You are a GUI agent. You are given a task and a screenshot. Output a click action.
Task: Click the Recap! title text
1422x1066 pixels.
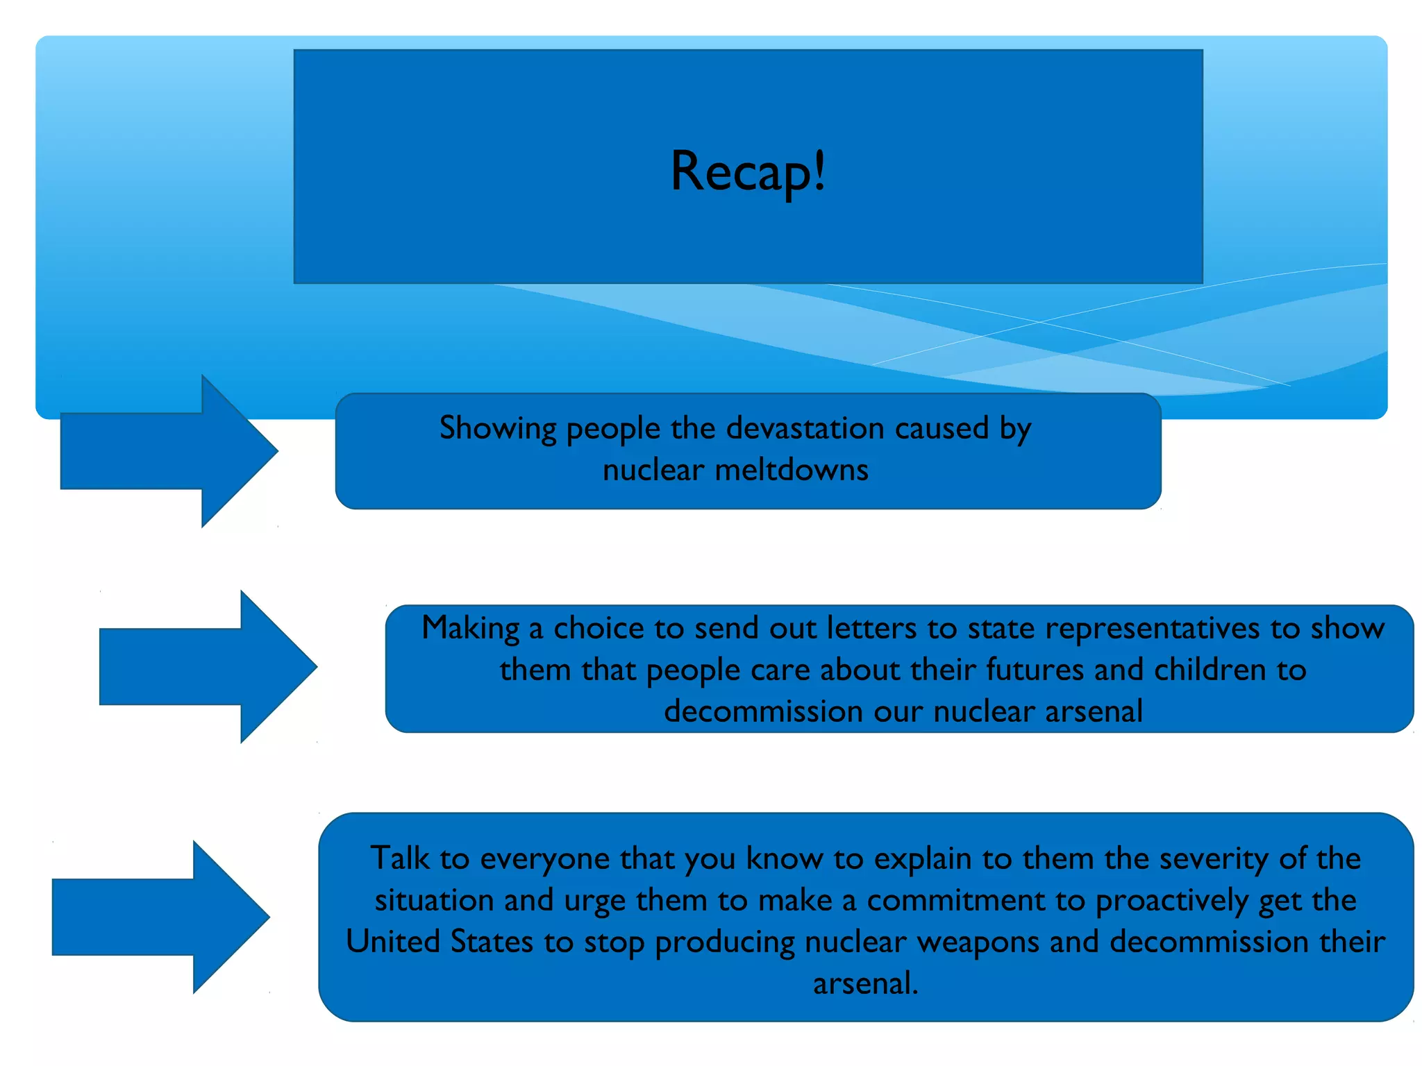pyautogui.click(x=748, y=171)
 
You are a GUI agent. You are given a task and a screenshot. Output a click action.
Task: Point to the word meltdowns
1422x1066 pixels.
pyautogui.click(x=792, y=470)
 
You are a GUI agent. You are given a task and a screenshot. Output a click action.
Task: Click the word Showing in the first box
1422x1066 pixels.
pyautogui.click(x=498, y=429)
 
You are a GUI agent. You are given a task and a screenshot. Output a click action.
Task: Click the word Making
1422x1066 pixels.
pyautogui.click(x=470, y=629)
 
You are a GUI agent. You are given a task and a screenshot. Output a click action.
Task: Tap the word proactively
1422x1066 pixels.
pyautogui.click(x=1171, y=901)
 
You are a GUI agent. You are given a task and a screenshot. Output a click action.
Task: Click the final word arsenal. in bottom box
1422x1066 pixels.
pyautogui.click(x=865, y=983)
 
